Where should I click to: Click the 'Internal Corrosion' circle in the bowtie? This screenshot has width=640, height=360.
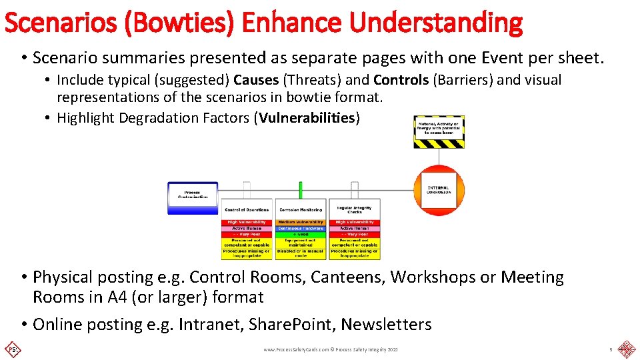(x=439, y=190)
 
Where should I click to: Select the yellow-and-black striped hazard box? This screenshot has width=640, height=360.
(x=439, y=131)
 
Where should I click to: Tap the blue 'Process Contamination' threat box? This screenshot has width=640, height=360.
(x=192, y=197)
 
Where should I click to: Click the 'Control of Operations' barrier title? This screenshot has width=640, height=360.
(x=247, y=209)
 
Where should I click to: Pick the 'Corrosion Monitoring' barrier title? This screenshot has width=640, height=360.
(x=301, y=209)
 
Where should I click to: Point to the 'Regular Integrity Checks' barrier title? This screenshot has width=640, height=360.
(x=354, y=209)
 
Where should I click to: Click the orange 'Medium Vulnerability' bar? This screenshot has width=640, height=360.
(x=301, y=222)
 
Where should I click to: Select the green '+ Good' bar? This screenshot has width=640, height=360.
(x=301, y=235)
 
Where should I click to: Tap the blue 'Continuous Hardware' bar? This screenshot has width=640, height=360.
(x=301, y=229)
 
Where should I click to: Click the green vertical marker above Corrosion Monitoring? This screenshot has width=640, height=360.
(x=301, y=190)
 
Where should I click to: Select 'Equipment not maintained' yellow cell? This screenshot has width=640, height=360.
(x=301, y=243)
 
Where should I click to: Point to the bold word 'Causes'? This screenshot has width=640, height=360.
(x=256, y=80)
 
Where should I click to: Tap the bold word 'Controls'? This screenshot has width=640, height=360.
(x=401, y=80)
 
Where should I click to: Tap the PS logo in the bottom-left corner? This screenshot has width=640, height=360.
(x=11, y=349)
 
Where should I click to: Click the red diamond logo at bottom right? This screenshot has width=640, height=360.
(x=625, y=349)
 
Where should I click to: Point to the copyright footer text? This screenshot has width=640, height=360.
(x=331, y=349)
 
